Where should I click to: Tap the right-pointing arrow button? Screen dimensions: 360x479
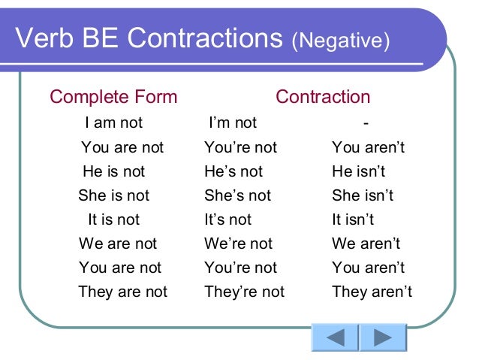[383, 337]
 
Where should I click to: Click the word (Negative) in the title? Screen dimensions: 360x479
[341, 40]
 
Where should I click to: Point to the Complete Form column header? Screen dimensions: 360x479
[113, 97]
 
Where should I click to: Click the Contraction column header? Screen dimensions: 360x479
[323, 97]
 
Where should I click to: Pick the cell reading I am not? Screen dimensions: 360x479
[114, 123]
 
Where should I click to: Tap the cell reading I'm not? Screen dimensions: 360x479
[233, 123]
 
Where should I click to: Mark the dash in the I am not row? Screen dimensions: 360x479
[366, 123]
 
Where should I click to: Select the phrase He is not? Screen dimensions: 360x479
[114, 171]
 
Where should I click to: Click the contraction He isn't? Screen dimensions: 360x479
[359, 171]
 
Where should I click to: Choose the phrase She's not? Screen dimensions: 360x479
[233, 195]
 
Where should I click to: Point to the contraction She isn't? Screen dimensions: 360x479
[363, 195]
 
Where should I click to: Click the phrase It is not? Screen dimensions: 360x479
[114, 219]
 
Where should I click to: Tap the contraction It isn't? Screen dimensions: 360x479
[353, 219]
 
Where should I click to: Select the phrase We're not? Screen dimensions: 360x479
[239, 244]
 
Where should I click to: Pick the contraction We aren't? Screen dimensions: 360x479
[366, 244]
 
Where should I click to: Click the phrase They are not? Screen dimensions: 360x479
[122, 292]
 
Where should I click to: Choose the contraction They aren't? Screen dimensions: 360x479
[372, 292]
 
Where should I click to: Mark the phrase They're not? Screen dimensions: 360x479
[245, 292]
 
